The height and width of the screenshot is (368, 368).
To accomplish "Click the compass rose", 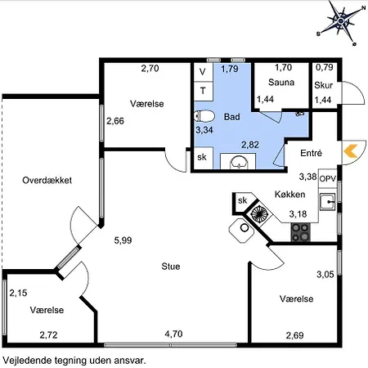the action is (x=341, y=21).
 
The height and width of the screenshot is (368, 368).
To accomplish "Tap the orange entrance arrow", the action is (x=351, y=151).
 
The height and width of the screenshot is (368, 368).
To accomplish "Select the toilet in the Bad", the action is (x=204, y=116).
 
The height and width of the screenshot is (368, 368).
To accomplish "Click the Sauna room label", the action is (x=281, y=83).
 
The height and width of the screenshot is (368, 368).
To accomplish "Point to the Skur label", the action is (x=323, y=85).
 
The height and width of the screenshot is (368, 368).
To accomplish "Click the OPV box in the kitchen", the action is (x=328, y=178).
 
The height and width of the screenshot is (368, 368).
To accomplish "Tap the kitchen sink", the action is (x=327, y=201).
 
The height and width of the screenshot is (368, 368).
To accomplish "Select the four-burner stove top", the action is (x=301, y=232).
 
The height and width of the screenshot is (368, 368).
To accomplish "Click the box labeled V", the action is (x=203, y=72).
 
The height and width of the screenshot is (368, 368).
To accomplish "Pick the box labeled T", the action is (x=203, y=91).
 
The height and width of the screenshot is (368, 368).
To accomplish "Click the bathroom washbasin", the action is (x=239, y=163).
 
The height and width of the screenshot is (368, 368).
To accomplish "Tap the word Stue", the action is (x=171, y=267).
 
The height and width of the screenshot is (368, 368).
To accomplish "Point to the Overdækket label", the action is (x=47, y=180).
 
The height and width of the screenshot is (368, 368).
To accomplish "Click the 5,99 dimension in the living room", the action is (x=123, y=240).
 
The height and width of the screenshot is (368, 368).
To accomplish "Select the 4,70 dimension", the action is (x=173, y=334).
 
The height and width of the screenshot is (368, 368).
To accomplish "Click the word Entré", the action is (x=311, y=153).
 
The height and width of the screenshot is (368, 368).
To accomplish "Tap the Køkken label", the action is (x=289, y=195).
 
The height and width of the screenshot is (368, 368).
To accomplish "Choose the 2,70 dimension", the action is (x=150, y=68).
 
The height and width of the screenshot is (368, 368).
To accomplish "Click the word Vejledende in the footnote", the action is (x=27, y=361).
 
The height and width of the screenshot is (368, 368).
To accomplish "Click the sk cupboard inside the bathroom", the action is (x=203, y=157).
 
